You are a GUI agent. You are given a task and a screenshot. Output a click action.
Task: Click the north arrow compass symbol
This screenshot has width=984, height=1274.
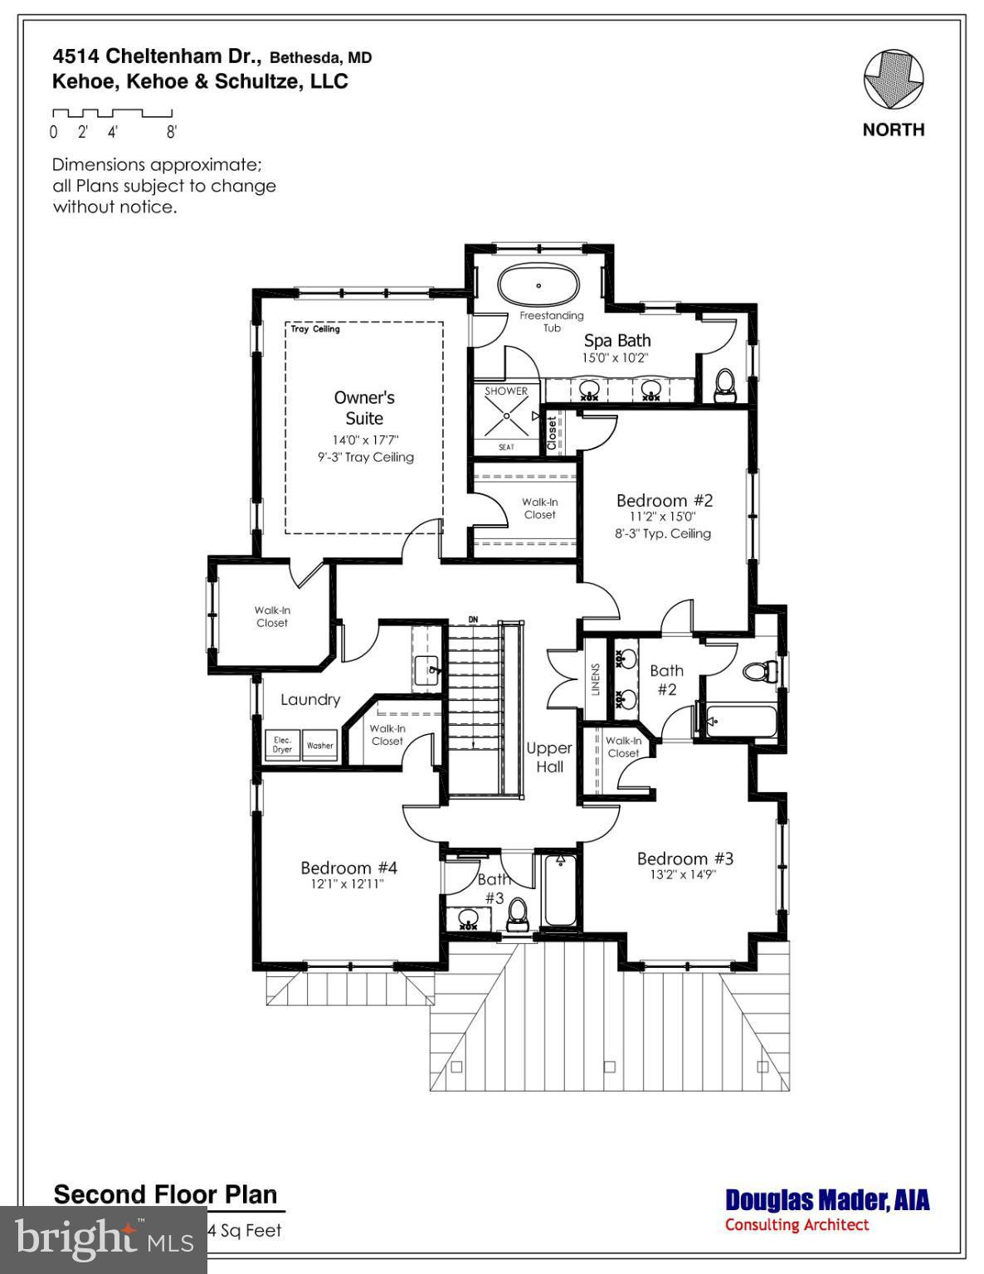coord(893,80)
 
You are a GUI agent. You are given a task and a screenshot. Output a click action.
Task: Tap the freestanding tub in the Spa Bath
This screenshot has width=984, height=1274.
coord(538,286)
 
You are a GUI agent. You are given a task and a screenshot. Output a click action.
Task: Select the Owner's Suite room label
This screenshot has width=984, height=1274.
coord(364,407)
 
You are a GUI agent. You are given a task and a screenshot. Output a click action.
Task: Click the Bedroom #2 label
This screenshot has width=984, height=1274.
coord(664,500)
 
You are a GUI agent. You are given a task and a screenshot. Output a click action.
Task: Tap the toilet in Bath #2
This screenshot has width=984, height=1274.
coord(757,670)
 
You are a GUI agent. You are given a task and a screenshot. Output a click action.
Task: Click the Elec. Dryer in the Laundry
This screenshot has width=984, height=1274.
coord(282,744)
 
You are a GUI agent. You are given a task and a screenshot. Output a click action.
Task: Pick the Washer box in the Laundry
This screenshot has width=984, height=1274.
coord(319,745)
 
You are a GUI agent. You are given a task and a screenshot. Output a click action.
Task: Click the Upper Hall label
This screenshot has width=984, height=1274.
coord(549,757)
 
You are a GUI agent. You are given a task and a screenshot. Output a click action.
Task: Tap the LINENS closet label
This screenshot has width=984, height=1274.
coord(595,679)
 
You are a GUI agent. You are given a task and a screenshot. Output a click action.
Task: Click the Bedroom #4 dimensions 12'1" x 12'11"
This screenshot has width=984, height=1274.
coord(348,884)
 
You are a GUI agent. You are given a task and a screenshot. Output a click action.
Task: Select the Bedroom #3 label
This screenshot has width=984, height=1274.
coord(684,858)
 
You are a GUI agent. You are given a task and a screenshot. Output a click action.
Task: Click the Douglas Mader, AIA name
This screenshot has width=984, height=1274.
coord(826,1200)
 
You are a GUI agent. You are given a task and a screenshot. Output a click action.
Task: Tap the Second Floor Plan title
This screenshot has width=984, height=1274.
coord(165,1194)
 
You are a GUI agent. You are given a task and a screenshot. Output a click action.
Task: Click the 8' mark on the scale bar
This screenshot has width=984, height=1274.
coord(172,131)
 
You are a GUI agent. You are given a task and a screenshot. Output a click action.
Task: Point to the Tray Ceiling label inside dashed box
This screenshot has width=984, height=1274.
coord(315,329)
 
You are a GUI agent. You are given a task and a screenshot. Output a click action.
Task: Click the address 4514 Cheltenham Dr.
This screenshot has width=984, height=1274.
coord(158,56)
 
